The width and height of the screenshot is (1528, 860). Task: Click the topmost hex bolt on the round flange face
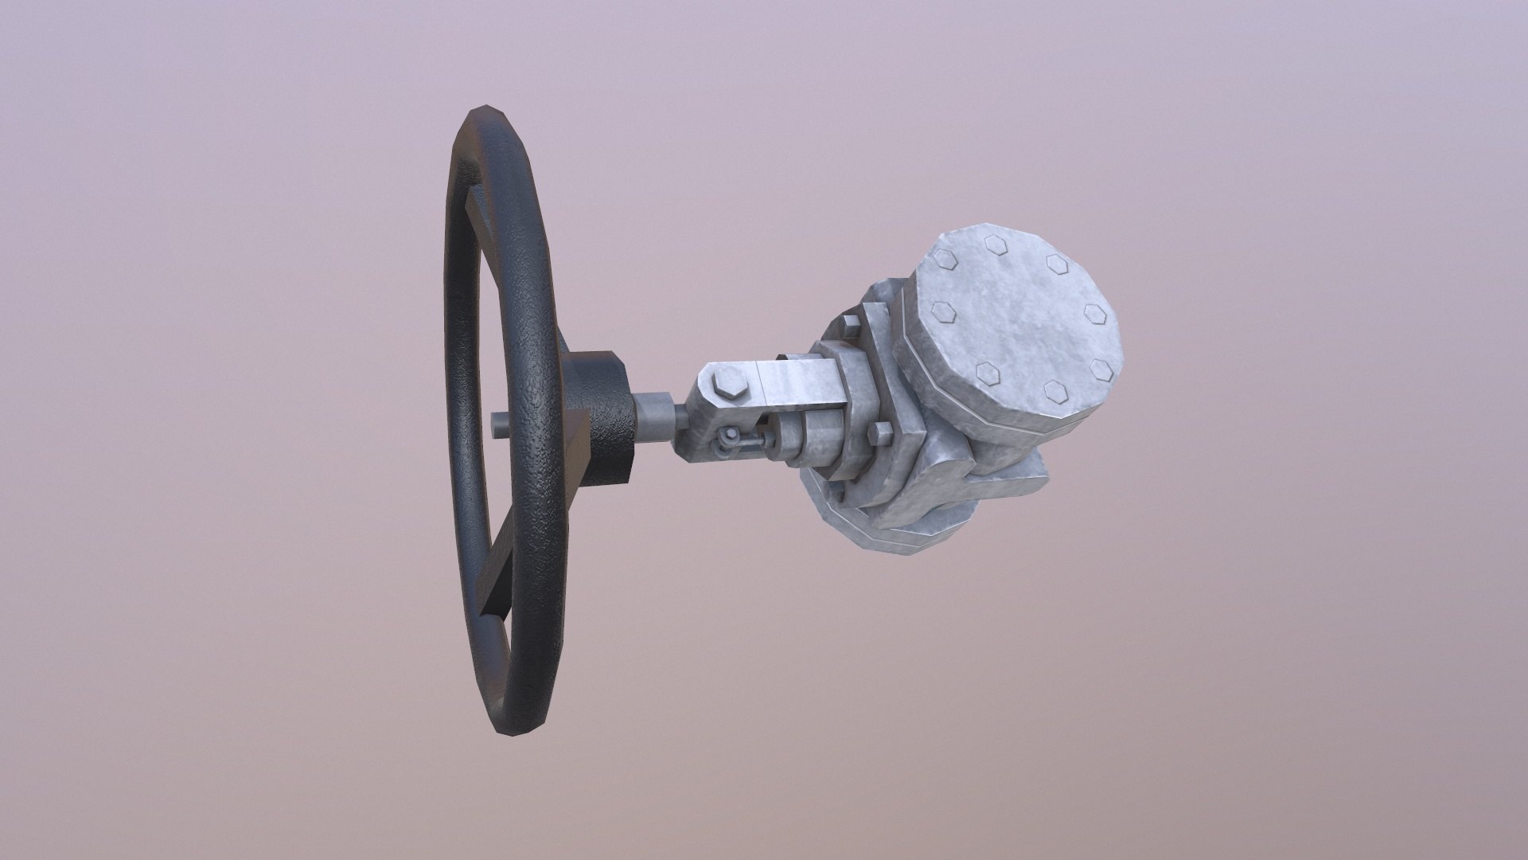[995, 244]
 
